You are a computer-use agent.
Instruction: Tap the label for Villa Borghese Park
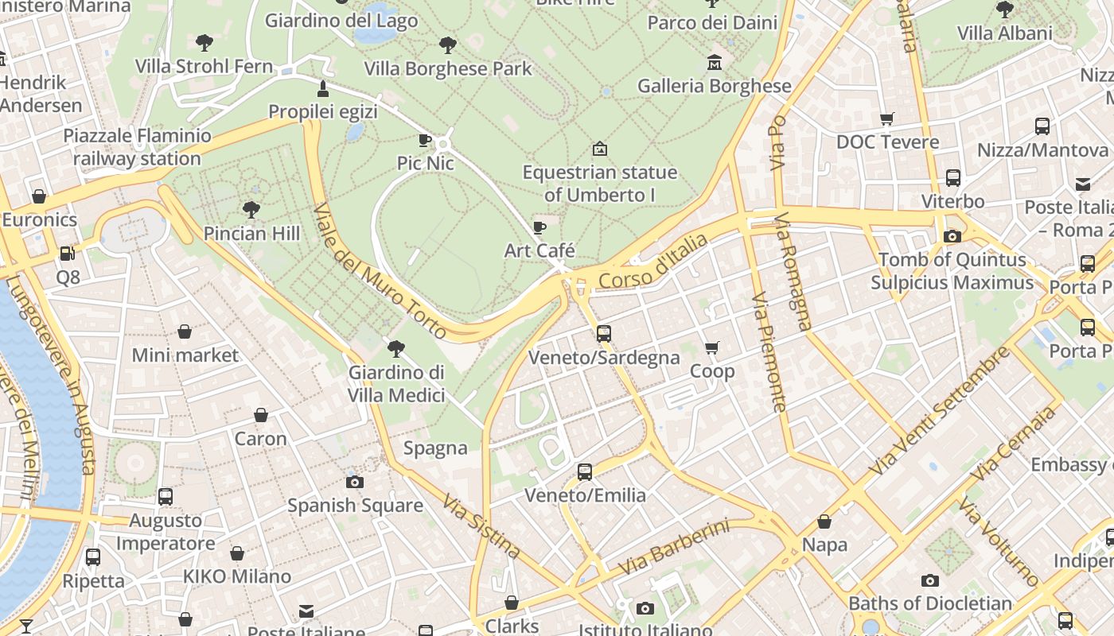pyautogui.click(x=448, y=68)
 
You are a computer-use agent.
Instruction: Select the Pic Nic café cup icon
pyautogui.click(x=425, y=141)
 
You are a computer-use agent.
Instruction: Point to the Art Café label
pyautogui.click(x=539, y=250)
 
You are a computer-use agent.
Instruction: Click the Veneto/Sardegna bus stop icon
pyautogui.click(x=604, y=334)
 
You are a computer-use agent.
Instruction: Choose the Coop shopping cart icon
pyautogui.click(x=712, y=347)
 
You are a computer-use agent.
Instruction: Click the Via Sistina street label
pyautogui.click(x=482, y=526)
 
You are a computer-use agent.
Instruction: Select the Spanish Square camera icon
pyautogui.click(x=355, y=482)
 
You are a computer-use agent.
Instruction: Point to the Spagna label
pyautogui.click(x=435, y=448)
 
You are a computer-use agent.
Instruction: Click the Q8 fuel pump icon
pyautogui.click(x=68, y=254)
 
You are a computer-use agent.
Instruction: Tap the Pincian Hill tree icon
pyautogui.click(x=251, y=210)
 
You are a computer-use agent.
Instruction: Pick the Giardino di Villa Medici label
pyautogui.click(x=396, y=384)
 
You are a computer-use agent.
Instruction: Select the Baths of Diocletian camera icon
pyautogui.click(x=929, y=581)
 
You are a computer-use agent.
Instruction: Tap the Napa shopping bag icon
pyautogui.click(x=824, y=522)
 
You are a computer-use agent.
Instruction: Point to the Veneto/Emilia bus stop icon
pyautogui.click(x=585, y=472)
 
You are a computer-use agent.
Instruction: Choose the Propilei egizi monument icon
pyautogui.click(x=323, y=88)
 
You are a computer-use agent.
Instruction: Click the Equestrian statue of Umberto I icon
pyautogui.click(x=600, y=149)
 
